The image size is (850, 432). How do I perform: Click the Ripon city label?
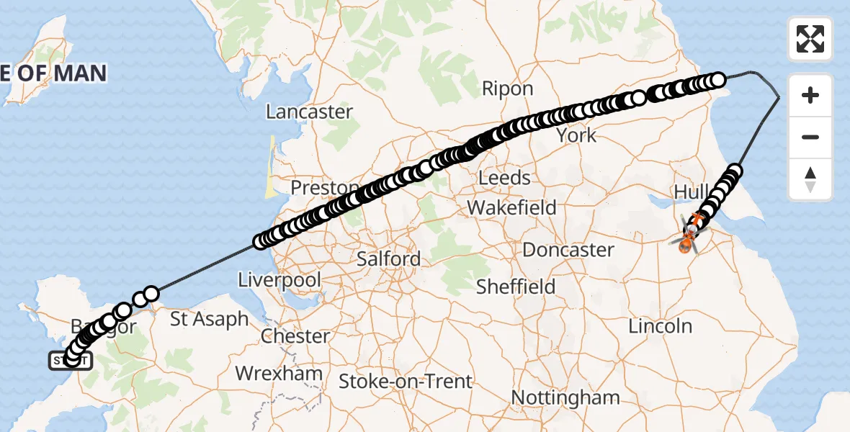tap(507, 89)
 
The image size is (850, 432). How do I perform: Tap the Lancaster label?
tap(309, 112)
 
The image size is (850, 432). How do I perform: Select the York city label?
tap(576, 135)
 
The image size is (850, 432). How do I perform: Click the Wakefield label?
tap(511, 208)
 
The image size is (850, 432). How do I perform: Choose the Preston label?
tap(324, 188)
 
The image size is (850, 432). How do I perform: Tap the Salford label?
tap(389, 259)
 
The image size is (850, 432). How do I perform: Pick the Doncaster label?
tap(568, 251)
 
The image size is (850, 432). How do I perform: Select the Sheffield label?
tap(516, 287)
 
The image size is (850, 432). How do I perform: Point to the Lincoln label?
tap(660, 326)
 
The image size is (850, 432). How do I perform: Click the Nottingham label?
tap(565, 397)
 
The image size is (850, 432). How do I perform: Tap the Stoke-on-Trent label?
tap(406, 382)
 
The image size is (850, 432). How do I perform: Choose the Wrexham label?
tap(279, 374)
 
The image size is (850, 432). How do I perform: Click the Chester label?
tap(296, 336)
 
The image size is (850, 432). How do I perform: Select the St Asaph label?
tap(210, 319)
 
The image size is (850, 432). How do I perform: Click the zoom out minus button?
tap(810, 138)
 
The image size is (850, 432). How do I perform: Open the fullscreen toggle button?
tap(810, 39)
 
